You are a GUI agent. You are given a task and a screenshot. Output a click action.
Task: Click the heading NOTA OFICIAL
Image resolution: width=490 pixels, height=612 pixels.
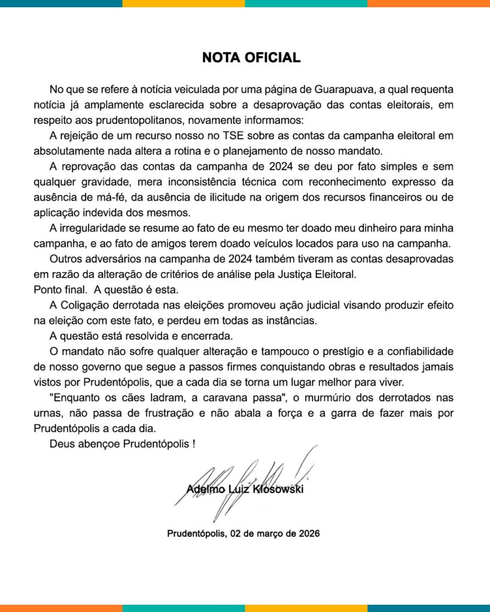[x=251, y=58]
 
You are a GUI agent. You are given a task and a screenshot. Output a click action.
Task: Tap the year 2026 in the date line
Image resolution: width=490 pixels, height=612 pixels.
[x=308, y=534]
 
